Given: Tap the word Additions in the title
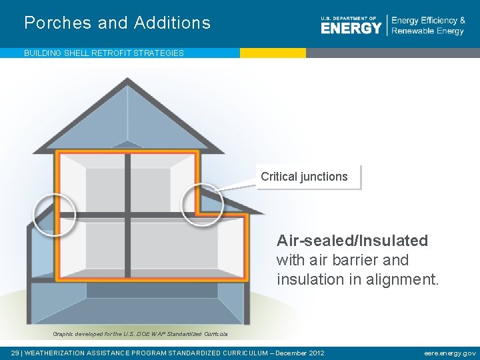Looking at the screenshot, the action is click(x=172, y=23).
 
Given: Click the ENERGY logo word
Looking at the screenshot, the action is click(x=351, y=27).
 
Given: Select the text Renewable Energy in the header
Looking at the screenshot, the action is click(x=427, y=31).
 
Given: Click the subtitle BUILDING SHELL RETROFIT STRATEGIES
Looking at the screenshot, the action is click(x=104, y=53).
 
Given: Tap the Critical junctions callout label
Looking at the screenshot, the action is click(x=305, y=177).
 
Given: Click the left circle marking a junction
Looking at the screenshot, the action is click(x=54, y=214).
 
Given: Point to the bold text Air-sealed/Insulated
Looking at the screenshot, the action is click(x=352, y=240).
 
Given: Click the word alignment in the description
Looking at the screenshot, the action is click(x=403, y=279).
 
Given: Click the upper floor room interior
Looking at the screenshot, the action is click(x=127, y=183).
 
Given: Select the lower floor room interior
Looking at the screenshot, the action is click(x=133, y=247).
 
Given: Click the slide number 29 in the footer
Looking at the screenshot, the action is click(x=15, y=353).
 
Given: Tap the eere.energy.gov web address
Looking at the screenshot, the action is click(x=450, y=353).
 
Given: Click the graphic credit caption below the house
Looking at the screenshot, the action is click(x=140, y=334).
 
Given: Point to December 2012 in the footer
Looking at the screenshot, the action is click(x=298, y=353).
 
